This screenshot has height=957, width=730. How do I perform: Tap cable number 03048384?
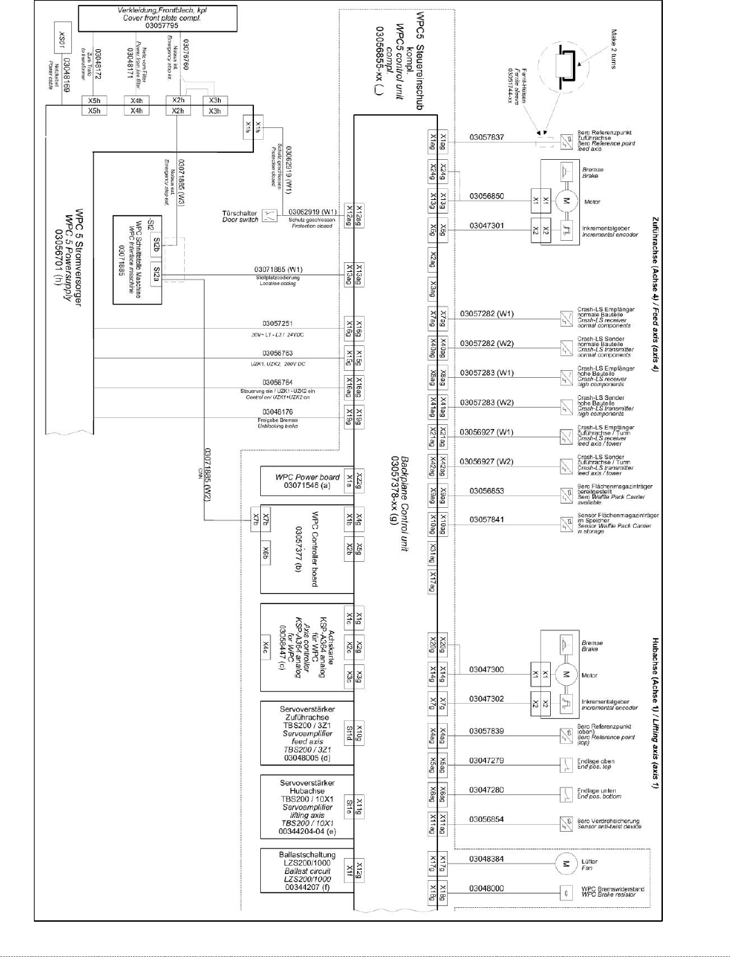486,859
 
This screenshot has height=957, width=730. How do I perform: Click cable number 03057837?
486,137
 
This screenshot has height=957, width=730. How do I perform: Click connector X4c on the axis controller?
266,646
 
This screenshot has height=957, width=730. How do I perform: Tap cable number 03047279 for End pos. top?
486,760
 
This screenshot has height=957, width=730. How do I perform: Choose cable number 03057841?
486,519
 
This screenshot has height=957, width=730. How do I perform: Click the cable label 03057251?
277,323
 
